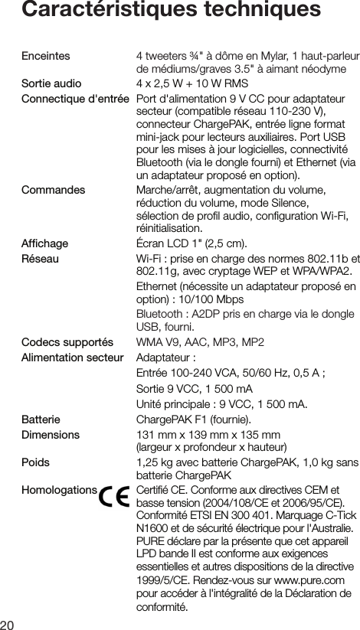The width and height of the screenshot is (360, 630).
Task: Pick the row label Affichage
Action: click(x=45, y=243)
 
